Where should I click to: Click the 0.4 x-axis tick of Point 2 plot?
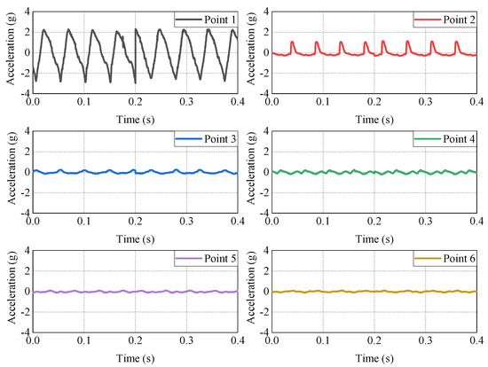click(x=473, y=102)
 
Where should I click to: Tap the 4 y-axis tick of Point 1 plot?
click(x=27, y=12)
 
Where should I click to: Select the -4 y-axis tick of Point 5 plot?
click(x=24, y=332)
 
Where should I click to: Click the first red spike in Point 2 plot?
click(x=292, y=42)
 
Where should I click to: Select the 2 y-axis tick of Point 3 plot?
click(x=27, y=152)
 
